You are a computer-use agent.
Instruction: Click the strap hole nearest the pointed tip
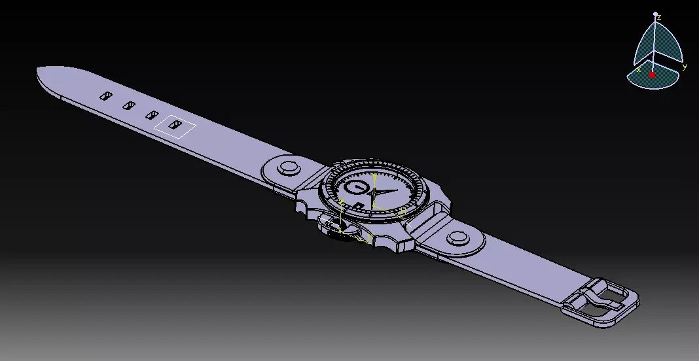coord(105,96)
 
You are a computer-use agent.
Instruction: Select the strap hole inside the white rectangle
coord(174,124)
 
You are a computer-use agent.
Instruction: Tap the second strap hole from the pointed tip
coord(128,105)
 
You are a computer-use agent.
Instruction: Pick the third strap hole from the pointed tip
coord(152,114)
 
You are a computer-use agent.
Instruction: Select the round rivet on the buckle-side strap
coord(457,238)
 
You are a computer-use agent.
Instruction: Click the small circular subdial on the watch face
coord(355,188)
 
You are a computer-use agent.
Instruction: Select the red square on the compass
coord(652,75)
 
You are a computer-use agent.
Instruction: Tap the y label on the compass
coord(685,66)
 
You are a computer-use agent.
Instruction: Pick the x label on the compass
coord(638,69)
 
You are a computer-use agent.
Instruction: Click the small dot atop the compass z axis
coord(655,12)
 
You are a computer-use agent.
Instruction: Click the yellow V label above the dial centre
coord(374,177)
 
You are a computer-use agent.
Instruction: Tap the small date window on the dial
coord(360,206)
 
